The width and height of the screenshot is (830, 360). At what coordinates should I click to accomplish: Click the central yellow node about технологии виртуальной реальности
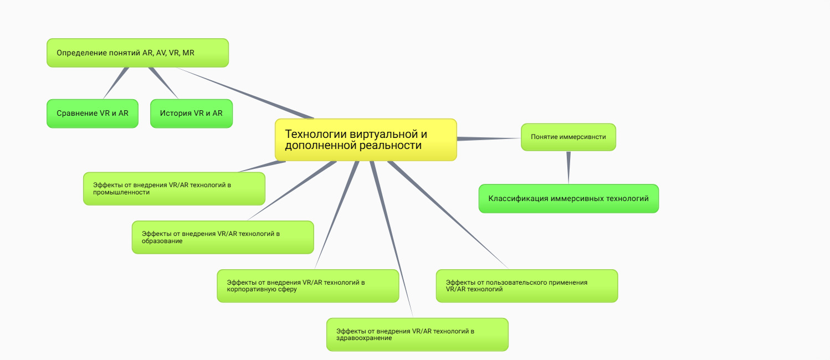click(x=366, y=140)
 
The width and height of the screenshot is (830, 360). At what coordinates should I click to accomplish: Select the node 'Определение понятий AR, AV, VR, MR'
click(x=137, y=53)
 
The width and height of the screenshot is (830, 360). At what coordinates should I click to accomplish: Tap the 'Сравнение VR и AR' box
click(x=92, y=114)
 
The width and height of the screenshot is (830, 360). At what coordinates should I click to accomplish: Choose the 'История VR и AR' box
click(x=191, y=114)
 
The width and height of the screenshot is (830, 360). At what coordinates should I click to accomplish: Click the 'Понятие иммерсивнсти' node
click(x=568, y=137)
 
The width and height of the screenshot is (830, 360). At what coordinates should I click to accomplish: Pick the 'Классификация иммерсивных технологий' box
click(x=568, y=198)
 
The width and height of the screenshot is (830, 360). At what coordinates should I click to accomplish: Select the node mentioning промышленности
click(x=174, y=188)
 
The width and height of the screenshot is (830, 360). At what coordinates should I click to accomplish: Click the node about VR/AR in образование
click(x=223, y=237)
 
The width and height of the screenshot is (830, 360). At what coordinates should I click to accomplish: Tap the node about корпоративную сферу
click(x=308, y=286)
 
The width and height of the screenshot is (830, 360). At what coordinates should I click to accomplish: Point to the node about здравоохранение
click(x=417, y=335)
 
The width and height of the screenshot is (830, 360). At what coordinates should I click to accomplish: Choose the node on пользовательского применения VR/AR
click(x=526, y=286)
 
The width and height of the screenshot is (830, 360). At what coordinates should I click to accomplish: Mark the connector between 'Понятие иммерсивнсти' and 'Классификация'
click(x=568, y=167)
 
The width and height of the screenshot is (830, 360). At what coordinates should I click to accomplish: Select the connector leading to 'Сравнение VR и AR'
click(x=115, y=83)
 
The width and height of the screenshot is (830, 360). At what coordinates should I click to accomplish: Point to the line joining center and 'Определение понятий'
click(x=244, y=92)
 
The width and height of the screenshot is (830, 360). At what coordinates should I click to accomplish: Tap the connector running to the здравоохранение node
click(x=391, y=238)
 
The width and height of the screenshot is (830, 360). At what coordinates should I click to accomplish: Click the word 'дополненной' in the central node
click(x=311, y=146)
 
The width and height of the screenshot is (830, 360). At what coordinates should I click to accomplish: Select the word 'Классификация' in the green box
click(x=518, y=198)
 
